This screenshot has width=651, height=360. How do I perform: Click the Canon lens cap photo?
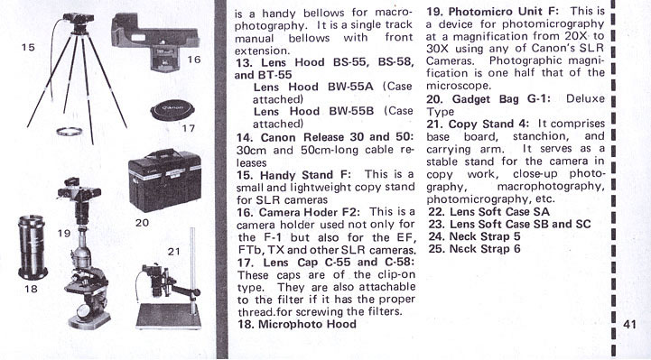(x=172, y=111)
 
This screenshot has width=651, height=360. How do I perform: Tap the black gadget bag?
(x=165, y=180)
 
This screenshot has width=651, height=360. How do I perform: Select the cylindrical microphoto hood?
(x=32, y=247)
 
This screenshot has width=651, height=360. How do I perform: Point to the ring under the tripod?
(x=70, y=132)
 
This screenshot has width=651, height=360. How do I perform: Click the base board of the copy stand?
(x=169, y=317)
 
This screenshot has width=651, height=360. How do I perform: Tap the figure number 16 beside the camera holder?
(x=194, y=60)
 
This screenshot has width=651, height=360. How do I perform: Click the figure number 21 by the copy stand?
(x=175, y=251)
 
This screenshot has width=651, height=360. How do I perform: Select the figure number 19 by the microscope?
(x=64, y=233)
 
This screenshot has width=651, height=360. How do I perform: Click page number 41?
(x=629, y=324)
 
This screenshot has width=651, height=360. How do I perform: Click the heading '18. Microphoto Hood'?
(x=296, y=324)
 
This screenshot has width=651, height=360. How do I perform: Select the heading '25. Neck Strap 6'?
(x=474, y=249)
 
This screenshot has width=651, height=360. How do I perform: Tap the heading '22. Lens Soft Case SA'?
(x=488, y=212)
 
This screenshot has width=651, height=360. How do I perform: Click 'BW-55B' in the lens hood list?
(x=351, y=112)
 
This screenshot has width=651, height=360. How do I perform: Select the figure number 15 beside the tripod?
(x=28, y=47)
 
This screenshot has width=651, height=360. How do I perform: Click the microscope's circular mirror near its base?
(x=84, y=310)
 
